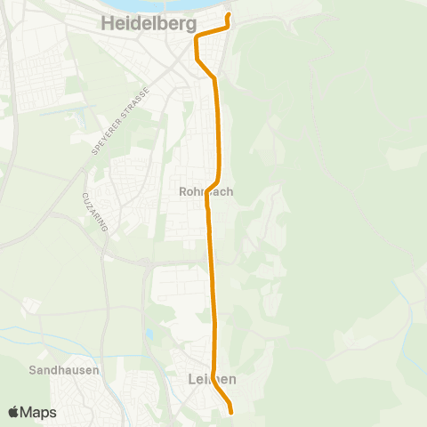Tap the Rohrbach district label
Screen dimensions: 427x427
[206, 190]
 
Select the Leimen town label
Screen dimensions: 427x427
[213, 379]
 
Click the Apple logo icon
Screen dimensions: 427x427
[13, 413]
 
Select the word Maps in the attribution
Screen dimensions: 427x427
[39, 413]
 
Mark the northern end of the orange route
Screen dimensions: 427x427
[229, 15]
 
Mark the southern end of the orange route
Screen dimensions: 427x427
[231, 412]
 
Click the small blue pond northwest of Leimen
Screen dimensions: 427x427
[149, 336]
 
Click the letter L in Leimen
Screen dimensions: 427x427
[193, 379]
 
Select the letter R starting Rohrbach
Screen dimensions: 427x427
[182, 190]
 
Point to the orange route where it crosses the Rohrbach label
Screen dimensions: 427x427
[207, 190]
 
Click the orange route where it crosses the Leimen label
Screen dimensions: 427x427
[214, 379]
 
